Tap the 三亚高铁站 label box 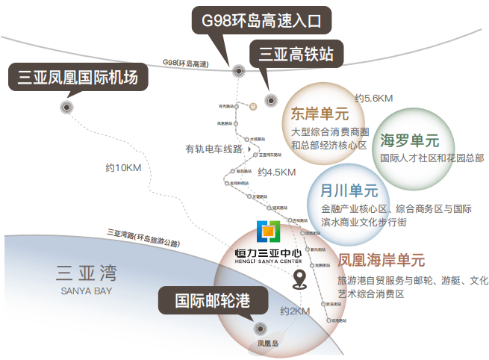pyautogui.click(x=296, y=54)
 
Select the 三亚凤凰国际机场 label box pyautogui.click(x=78, y=77)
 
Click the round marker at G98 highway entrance pyautogui.click(x=239, y=71)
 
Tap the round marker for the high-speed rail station pyautogui.click(x=271, y=101)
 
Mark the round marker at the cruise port pyautogui.click(x=261, y=328)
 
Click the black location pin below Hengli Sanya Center pyautogui.click(x=300, y=280)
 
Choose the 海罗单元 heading pyautogui.click(x=409, y=140)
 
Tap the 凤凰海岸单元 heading pyautogui.click(x=381, y=261)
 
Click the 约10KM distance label pyautogui.click(x=123, y=167)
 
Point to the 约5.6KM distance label pyautogui.click(x=374, y=98)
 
